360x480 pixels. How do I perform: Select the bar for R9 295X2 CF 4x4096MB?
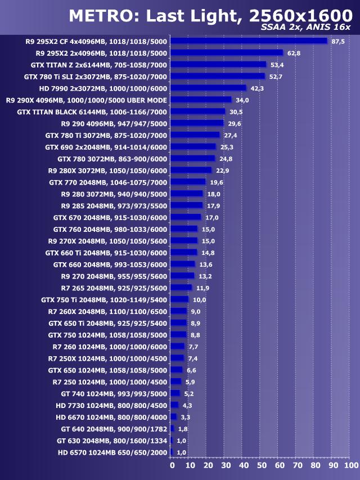(x=249, y=41)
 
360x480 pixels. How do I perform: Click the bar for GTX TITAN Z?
(x=218, y=65)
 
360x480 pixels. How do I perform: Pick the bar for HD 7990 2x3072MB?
(x=208, y=88)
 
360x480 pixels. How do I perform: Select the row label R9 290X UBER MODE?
(x=86, y=100)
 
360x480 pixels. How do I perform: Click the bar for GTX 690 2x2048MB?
(x=193, y=147)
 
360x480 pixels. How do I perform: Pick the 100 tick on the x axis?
(x=350, y=466)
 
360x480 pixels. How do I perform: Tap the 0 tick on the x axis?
(x=172, y=466)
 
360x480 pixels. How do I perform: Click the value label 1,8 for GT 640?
(x=183, y=429)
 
